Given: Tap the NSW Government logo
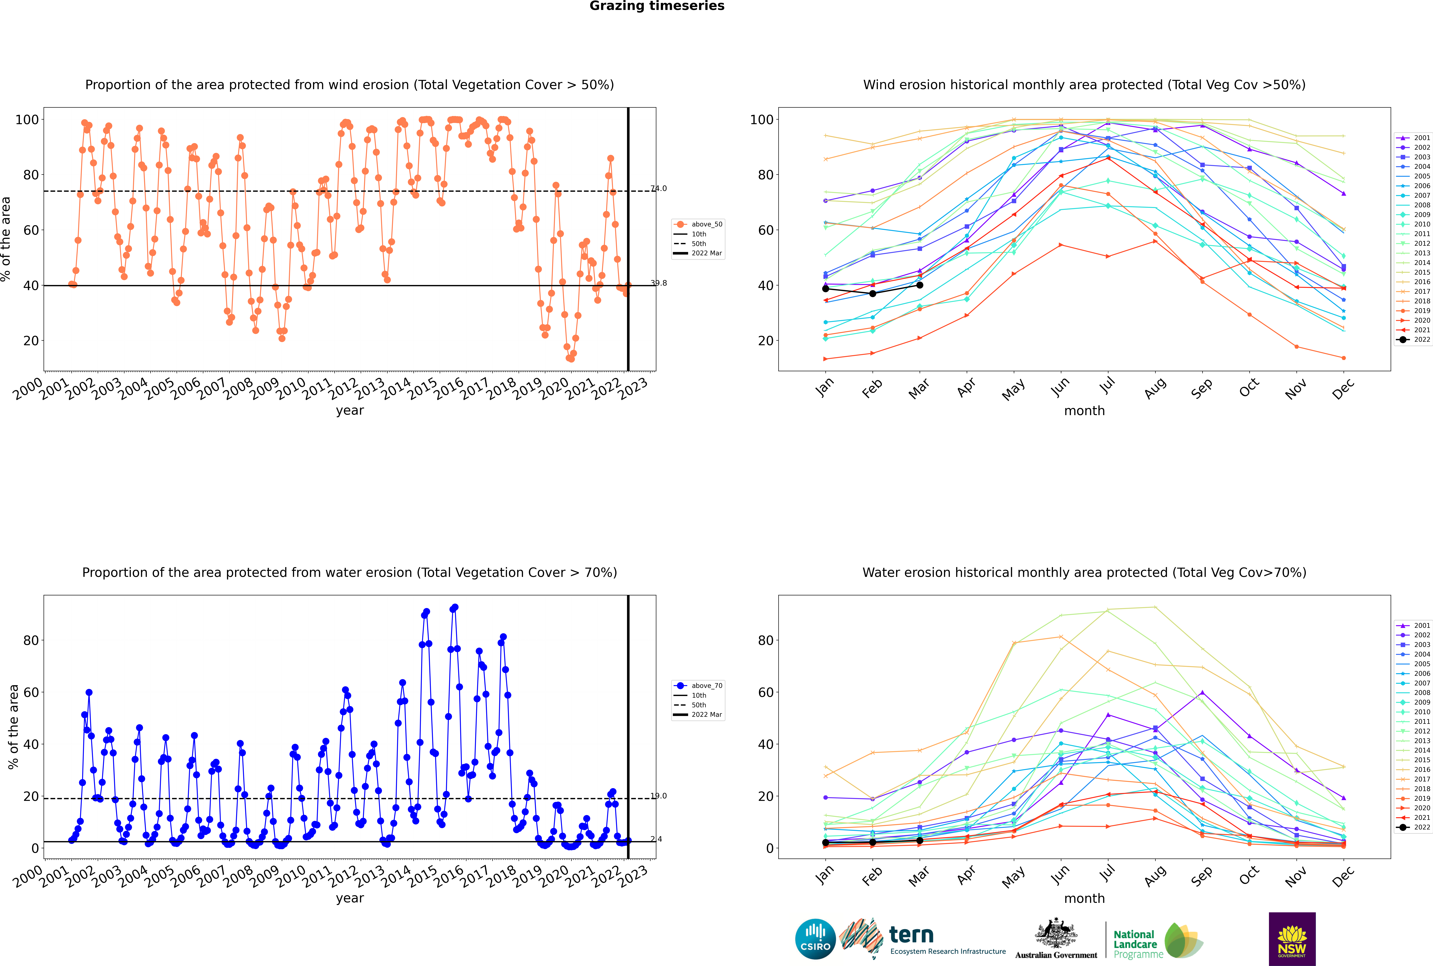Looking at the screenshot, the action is pos(1292,938).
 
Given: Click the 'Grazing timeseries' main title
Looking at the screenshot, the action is pos(657,6).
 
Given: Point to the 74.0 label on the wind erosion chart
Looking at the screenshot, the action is pos(659,189).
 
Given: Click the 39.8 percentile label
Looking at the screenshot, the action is pos(659,283).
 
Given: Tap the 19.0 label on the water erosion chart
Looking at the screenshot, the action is pos(659,796).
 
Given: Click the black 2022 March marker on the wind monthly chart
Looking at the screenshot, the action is pos(920,285).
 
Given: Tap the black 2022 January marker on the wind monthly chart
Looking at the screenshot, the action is pos(826,289).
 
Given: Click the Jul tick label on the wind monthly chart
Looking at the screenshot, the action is pos(1107,385).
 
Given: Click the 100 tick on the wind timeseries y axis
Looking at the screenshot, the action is pos(27,120).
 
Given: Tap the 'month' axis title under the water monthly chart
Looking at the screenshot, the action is pos(1084,898).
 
